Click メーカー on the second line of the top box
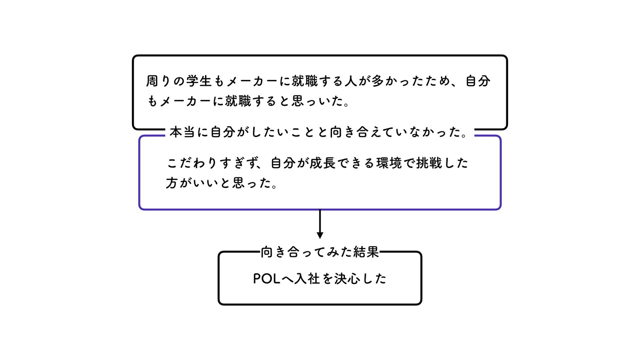coord(184,102)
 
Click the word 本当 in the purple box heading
coord(183,132)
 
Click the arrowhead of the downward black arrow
coord(320,235)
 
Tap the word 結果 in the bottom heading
coord(366,252)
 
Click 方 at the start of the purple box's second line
coord(172,183)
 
